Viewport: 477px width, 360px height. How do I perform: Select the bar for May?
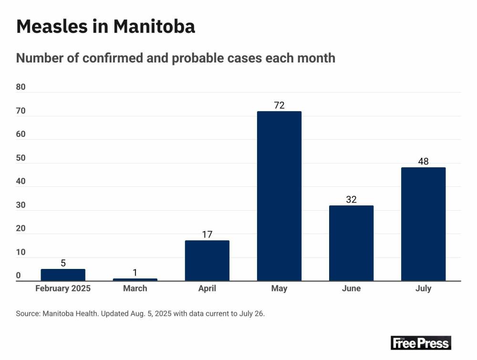tap(279, 196)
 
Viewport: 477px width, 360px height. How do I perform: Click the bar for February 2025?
tap(63, 275)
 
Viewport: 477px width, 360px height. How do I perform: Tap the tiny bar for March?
tap(135, 279)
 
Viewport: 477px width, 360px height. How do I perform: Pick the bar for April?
tap(207, 261)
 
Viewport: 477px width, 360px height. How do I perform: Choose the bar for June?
tap(351, 243)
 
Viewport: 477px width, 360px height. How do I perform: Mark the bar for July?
tap(423, 224)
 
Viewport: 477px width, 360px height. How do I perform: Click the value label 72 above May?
tap(279, 105)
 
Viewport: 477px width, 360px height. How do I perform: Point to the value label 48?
tap(423, 162)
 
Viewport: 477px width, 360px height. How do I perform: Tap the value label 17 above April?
tap(207, 235)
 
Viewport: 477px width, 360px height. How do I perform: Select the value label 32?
tap(351, 200)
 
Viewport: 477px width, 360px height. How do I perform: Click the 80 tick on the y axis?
tap(21, 87)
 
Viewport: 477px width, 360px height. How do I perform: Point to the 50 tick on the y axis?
tap(21, 158)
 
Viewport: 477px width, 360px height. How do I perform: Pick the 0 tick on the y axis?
tap(19, 276)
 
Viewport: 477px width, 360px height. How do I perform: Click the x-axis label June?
tap(351, 288)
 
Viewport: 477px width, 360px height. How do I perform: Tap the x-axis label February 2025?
tap(63, 288)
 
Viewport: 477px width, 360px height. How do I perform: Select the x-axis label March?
tap(135, 288)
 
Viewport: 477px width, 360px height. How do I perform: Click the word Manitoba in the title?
tap(154, 26)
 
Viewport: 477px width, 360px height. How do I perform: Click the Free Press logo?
tap(420, 342)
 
